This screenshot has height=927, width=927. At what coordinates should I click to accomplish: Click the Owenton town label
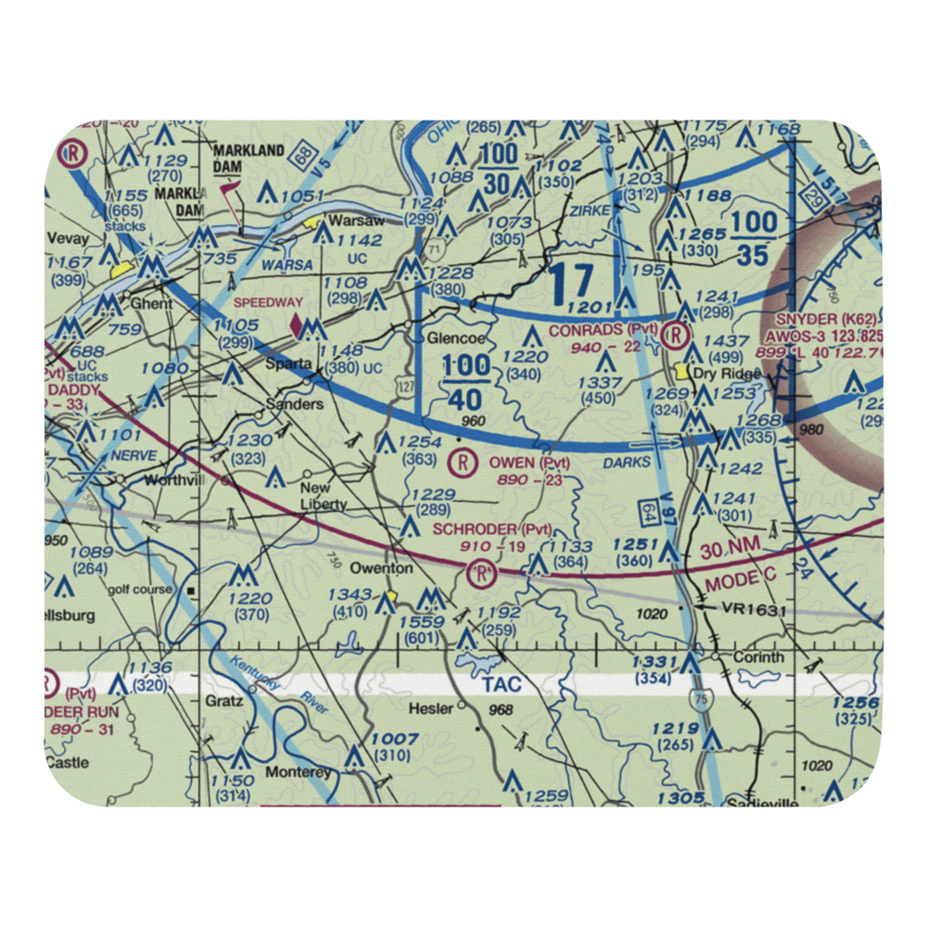pyautogui.click(x=380, y=567)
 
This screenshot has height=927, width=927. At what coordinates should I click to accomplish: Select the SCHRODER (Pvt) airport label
pyautogui.click(x=492, y=529)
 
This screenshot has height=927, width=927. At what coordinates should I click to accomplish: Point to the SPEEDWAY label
pyautogui.click(x=268, y=302)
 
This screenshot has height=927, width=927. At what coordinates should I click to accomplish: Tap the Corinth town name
pyautogui.click(x=759, y=657)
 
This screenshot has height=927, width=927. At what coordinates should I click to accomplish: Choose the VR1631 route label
pyautogui.click(x=755, y=609)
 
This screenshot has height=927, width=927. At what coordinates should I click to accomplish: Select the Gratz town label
pyautogui.click(x=224, y=701)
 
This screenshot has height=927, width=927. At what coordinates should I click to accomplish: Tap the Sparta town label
pyautogui.click(x=288, y=363)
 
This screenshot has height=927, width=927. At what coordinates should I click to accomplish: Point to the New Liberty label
pyautogui.click(x=322, y=496)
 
